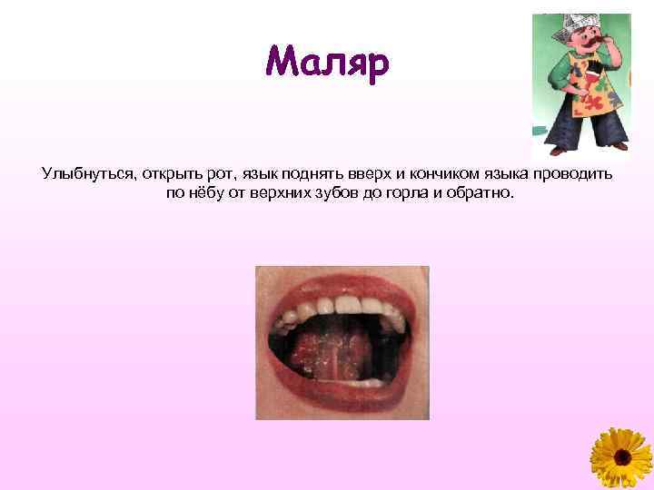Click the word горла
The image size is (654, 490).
411,192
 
